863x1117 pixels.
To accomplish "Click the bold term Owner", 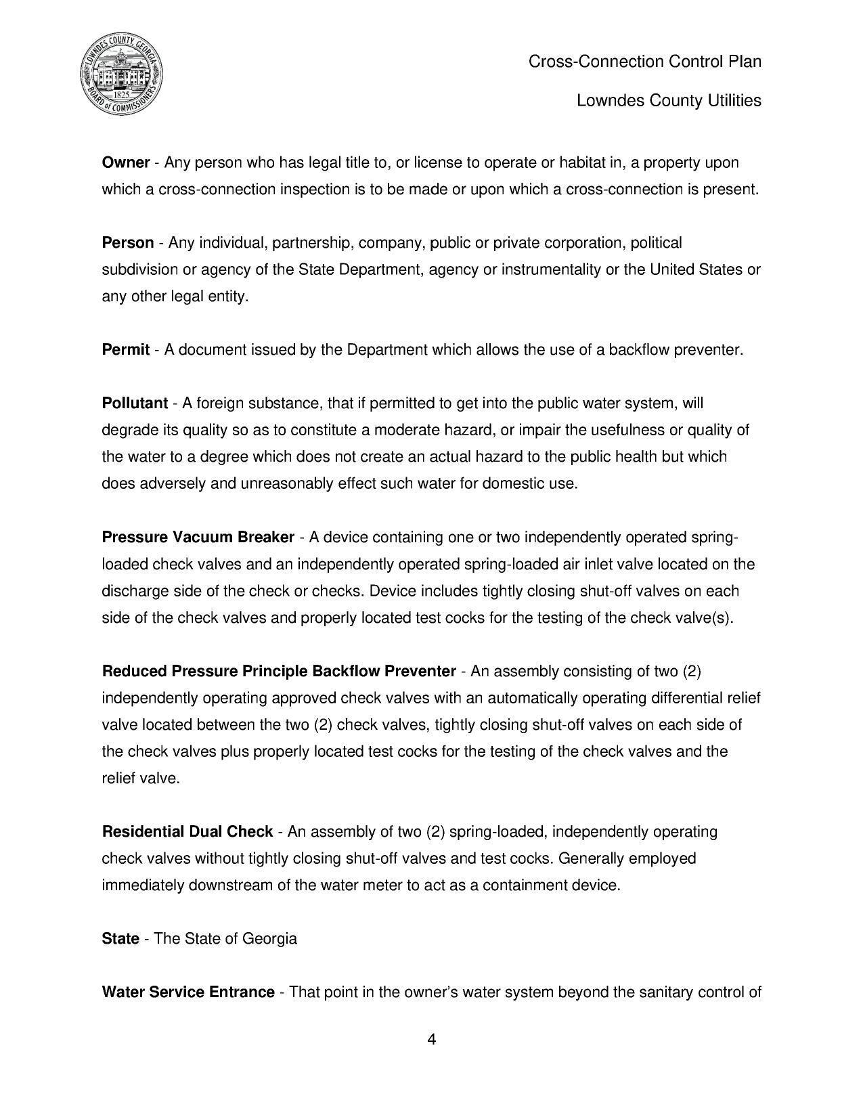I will click(x=125, y=162).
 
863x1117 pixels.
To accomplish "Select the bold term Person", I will click(x=127, y=243).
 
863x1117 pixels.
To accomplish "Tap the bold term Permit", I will click(x=125, y=350).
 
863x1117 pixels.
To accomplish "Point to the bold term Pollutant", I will click(x=134, y=403).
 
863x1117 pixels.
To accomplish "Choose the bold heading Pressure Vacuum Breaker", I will click(x=198, y=538).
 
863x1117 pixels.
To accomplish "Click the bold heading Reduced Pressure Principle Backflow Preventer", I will click(x=279, y=672).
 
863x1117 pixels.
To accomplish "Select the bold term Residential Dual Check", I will click(x=187, y=832).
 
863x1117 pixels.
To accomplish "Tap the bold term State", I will click(x=120, y=939).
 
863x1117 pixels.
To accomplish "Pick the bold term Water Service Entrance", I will click(x=187, y=992).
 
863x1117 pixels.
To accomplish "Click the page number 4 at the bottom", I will click(x=431, y=1039).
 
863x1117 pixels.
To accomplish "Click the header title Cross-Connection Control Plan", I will click(x=644, y=62).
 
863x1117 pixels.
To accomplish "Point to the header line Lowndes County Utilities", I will click(x=668, y=101).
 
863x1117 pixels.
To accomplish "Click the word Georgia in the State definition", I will click(x=269, y=939).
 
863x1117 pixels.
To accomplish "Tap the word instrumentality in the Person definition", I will click(x=542, y=270).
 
